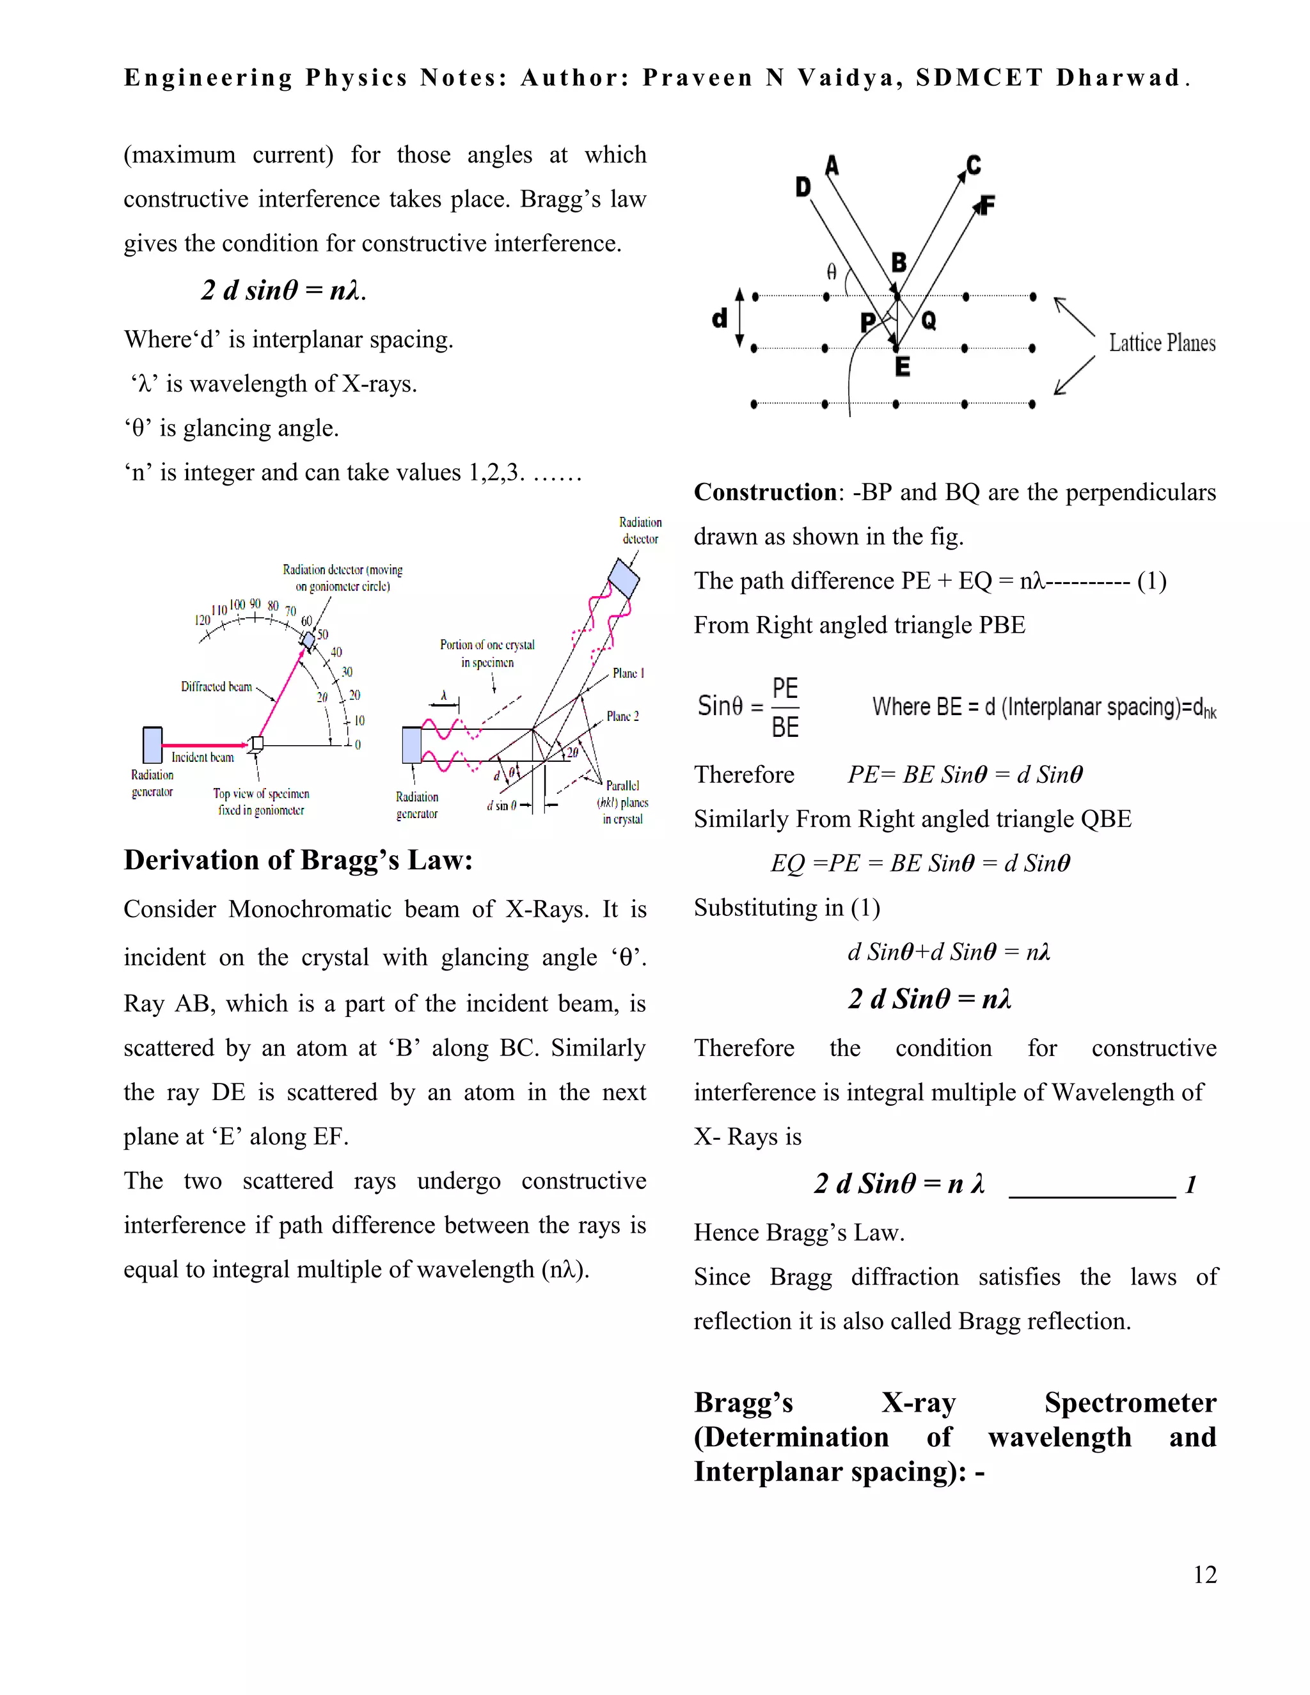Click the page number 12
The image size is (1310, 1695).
coord(1204,1574)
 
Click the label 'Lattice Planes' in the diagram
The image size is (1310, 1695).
coord(1161,343)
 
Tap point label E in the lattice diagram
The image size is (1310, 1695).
coord(902,367)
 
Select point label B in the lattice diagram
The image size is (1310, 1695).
coord(899,262)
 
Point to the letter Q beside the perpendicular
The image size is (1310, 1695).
coord(928,320)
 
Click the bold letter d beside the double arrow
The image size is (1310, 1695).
coord(720,318)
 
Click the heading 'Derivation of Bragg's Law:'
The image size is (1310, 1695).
coord(298,860)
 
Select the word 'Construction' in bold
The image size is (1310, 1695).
coord(764,492)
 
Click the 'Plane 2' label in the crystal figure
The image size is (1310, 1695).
coord(622,716)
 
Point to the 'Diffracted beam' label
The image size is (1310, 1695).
coord(217,686)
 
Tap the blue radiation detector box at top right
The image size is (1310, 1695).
coord(623,579)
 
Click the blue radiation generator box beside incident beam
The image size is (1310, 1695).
coord(153,745)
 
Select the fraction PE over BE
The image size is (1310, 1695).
coord(785,707)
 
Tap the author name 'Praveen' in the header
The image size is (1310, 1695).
coord(697,77)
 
